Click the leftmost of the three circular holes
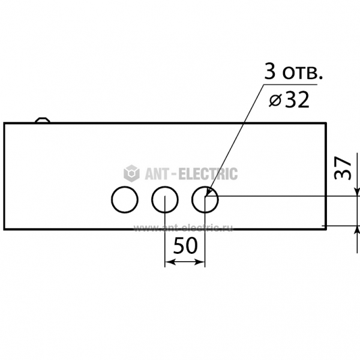click(112, 200)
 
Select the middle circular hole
click(152, 200)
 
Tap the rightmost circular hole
click(192, 200)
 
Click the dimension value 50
click(185, 245)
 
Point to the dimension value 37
click(343, 168)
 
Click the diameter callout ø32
click(289, 100)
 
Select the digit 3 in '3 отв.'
click(270, 71)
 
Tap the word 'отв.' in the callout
click(302, 73)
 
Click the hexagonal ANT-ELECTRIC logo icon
click(131, 173)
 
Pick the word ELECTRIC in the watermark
click(208, 173)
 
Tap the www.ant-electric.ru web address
click(183, 228)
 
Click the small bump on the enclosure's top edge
click(43, 120)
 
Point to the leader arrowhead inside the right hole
click(208, 191)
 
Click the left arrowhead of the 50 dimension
click(170, 262)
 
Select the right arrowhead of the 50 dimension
click(200, 262)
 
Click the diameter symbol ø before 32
click(275, 101)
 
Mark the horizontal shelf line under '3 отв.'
click(290, 85)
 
